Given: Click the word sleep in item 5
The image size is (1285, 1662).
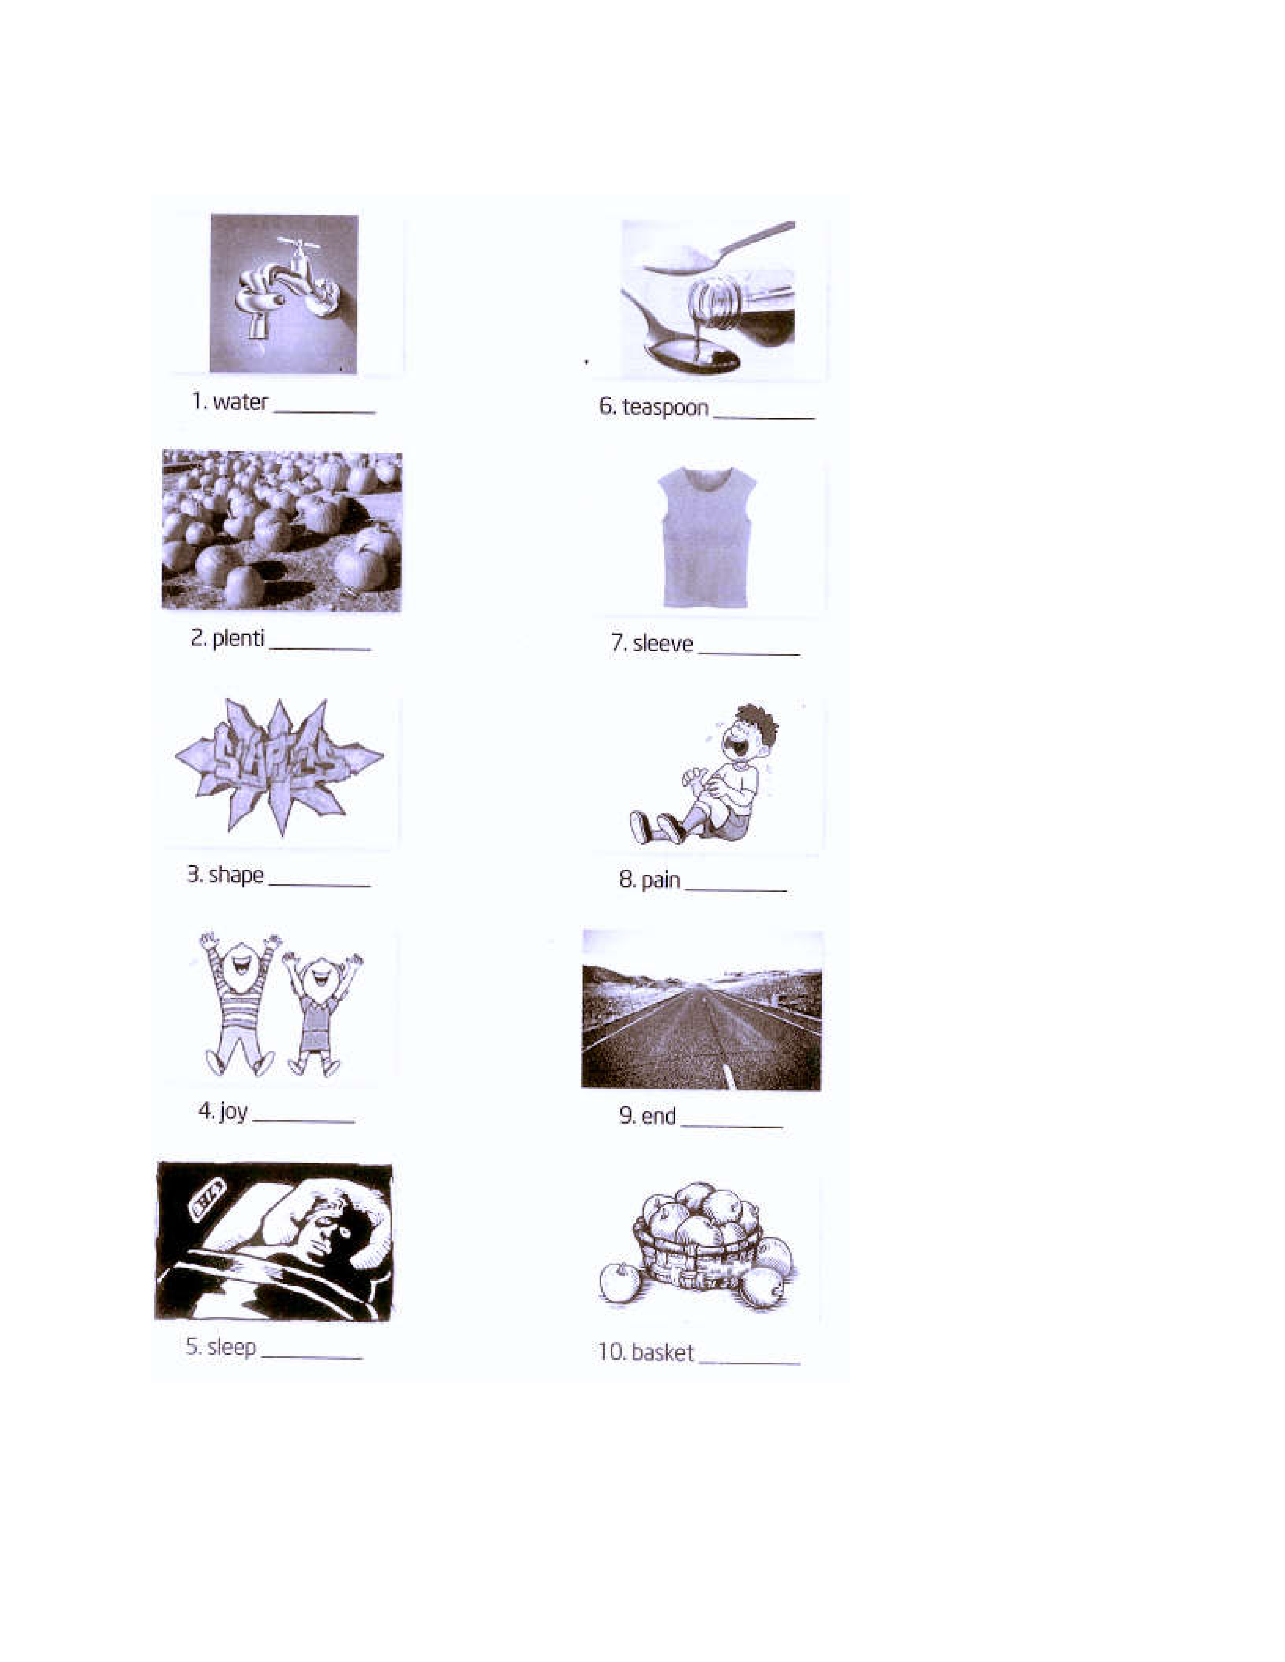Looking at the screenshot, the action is [x=231, y=1347].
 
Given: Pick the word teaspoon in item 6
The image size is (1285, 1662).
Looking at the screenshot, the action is [x=665, y=408].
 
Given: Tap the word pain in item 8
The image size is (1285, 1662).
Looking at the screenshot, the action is [x=661, y=880].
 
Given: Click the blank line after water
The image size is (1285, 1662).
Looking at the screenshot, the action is [x=325, y=411].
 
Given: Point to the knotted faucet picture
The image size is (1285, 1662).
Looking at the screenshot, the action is [x=284, y=294].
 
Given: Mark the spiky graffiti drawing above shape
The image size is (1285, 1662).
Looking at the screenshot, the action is [x=279, y=767].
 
